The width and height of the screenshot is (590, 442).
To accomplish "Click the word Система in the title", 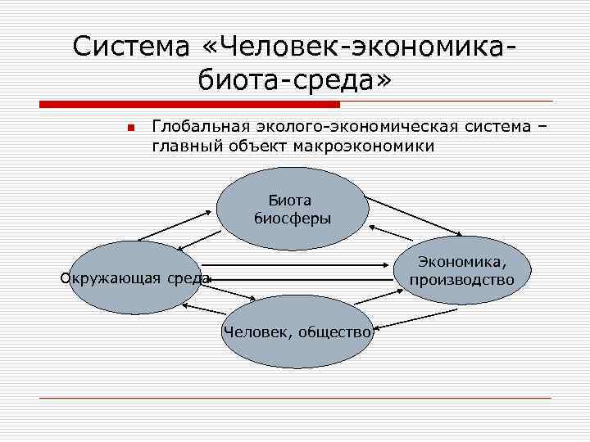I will (128, 46).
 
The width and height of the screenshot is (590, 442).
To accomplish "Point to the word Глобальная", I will (193, 127).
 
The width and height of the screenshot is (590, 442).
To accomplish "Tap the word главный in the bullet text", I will (183, 147).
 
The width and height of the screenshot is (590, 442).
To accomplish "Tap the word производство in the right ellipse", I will (462, 280).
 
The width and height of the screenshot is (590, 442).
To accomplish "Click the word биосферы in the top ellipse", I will (293, 218).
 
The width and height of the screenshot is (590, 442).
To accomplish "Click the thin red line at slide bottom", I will (295, 399).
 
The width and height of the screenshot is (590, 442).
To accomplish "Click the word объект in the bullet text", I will (247, 147).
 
